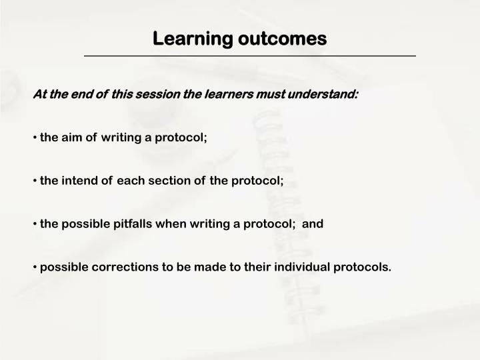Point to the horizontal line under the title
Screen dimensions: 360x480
[x=249, y=56]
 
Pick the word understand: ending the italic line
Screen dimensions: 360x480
[x=323, y=94]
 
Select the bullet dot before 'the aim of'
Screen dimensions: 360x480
[x=35, y=137]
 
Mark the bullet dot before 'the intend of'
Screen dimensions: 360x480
[x=35, y=181]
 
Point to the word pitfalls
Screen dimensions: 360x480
[x=129, y=224]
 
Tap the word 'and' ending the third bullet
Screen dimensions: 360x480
[x=313, y=224]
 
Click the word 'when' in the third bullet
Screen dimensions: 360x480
[x=171, y=224]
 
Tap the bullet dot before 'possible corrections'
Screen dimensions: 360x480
[x=35, y=267]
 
